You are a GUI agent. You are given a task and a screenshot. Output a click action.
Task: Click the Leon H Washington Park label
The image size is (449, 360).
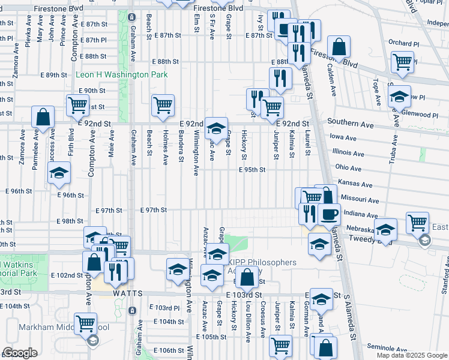[121, 75]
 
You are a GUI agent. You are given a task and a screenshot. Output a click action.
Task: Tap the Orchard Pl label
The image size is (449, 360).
[403, 43]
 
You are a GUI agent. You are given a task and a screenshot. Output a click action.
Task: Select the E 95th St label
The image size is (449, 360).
[252, 170]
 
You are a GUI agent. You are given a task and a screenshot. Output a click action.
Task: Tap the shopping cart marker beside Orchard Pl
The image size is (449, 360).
[402, 62]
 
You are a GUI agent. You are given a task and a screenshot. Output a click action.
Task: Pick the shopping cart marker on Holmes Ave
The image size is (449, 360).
[163, 105]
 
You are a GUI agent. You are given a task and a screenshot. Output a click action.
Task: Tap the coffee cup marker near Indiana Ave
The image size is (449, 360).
[328, 214]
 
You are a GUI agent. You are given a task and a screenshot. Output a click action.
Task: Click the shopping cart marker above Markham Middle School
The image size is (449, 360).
[85, 323]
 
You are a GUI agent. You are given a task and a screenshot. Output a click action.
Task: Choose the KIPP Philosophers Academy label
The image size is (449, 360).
[261, 267]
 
